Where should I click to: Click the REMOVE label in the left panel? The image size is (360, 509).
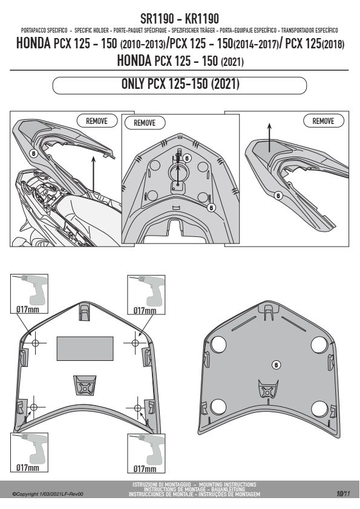[96, 121]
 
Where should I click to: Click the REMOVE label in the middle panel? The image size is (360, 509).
[145, 123]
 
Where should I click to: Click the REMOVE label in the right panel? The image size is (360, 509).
[323, 121]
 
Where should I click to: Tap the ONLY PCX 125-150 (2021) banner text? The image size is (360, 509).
[180, 84]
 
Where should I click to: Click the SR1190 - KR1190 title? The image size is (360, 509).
[180, 19]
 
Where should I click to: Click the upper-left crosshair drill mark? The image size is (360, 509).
[36, 343]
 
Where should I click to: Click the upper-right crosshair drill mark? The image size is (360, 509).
[136, 343]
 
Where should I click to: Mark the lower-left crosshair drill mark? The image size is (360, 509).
[34, 407]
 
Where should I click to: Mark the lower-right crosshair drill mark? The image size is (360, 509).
[138, 407]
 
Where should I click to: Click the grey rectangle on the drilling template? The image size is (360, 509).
[85, 348]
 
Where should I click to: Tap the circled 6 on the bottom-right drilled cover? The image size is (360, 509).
[276, 365]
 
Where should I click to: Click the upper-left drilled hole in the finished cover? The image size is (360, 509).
[218, 345]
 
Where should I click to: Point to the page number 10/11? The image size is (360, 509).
[343, 494]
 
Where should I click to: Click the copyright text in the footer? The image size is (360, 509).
[48, 494]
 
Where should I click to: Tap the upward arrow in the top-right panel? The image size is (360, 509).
[269, 137]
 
